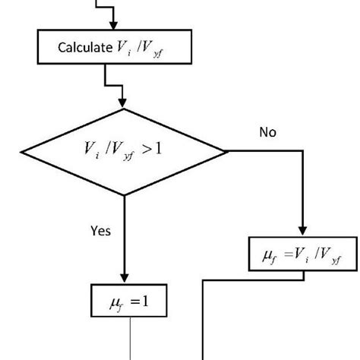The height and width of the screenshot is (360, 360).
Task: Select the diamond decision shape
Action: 123,151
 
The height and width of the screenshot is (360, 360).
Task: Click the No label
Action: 267,132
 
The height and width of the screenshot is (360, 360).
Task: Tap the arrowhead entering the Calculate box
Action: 112,27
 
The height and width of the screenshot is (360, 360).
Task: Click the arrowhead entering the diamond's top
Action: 123,103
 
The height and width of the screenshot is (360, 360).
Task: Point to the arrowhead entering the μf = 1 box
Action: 123,280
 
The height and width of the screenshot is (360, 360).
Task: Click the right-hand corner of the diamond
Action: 227,151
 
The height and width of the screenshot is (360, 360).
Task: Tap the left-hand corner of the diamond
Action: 20,151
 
